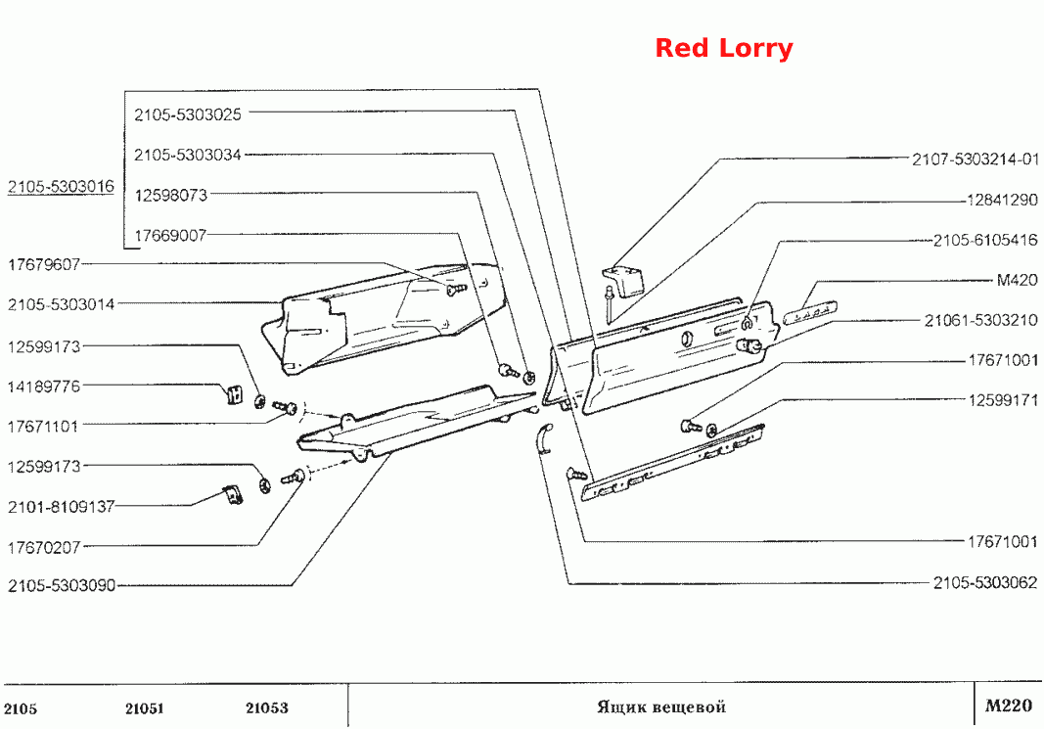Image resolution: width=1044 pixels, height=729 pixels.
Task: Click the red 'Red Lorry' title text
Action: tap(724, 48)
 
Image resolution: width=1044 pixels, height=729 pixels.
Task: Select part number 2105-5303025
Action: tap(188, 114)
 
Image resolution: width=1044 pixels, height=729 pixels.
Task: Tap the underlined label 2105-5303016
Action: tap(62, 187)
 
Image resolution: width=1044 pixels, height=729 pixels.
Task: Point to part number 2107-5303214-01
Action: tap(975, 159)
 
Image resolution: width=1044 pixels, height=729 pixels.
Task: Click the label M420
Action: tap(1017, 280)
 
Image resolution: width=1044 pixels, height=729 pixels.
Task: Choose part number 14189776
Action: tap(44, 387)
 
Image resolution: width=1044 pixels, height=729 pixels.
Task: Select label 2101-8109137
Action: tap(62, 507)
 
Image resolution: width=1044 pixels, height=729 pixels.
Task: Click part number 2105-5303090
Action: tap(62, 586)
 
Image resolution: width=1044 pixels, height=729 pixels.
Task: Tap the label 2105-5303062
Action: tap(984, 582)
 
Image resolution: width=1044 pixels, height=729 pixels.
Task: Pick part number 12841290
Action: tap(1002, 200)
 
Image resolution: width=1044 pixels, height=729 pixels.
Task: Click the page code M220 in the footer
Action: tap(1009, 706)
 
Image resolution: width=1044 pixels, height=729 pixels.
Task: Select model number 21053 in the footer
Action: tap(267, 707)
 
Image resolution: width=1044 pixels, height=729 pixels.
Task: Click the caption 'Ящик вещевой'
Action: tap(661, 706)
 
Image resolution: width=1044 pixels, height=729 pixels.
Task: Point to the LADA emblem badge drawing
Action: tap(810, 312)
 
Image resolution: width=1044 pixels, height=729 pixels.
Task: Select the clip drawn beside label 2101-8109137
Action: tap(232, 495)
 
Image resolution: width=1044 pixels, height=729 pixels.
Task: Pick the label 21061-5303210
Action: tap(980, 320)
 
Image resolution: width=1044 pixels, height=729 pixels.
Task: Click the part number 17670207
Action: tap(44, 547)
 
